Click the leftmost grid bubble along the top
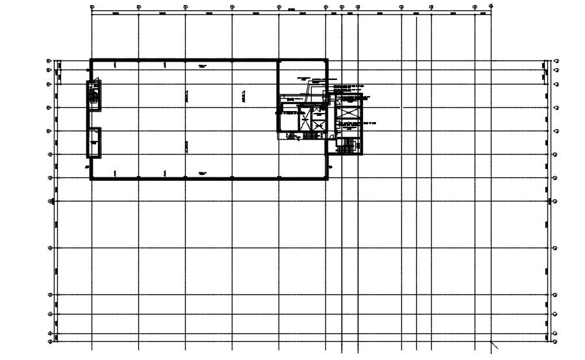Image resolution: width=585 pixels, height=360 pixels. [92, 6]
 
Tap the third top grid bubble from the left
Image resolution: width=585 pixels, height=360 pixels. [185, 6]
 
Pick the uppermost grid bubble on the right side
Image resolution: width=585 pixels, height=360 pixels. [556, 61]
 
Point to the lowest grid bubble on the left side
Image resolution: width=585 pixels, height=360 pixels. [50, 340]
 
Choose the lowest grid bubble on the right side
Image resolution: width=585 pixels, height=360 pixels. [556, 340]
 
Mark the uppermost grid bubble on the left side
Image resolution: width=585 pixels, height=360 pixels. [49, 61]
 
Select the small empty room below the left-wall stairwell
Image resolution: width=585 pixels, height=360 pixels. [94, 142]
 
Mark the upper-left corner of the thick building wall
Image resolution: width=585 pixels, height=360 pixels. [91, 60]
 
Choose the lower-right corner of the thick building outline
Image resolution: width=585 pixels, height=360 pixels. [327, 177]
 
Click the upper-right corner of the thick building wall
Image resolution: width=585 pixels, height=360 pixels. [327, 60]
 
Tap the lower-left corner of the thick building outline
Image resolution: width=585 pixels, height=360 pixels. [91, 177]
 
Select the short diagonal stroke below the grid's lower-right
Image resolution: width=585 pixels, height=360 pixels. [494, 345]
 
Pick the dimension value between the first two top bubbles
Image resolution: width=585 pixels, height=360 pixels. [115, 12]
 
